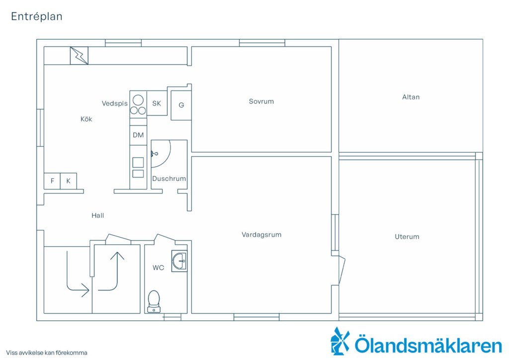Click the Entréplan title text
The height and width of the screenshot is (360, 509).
click(37, 16)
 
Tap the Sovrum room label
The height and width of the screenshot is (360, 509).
click(261, 101)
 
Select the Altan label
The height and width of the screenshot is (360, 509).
click(411, 97)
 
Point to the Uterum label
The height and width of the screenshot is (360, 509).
click(407, 237)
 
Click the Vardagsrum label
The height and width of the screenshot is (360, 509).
click(261, 235)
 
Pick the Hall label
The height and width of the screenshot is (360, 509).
click(98, 215)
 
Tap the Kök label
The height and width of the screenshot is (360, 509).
click(86, 119)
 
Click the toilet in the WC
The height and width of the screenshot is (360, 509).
click(154, 301)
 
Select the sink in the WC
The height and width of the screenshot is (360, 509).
click(179, 261)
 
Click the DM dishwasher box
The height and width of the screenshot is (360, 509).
click(138, 135)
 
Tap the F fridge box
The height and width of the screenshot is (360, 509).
click(52, 181)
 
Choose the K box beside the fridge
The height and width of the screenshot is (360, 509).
click(69, 181)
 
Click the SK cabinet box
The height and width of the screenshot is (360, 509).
click(157, 103)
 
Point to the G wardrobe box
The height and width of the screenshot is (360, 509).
click(181, 105)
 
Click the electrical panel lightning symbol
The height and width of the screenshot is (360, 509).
click(79, 56)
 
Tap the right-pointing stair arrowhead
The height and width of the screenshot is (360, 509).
click(85, 290)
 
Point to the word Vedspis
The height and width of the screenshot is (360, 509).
click(115, 103)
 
